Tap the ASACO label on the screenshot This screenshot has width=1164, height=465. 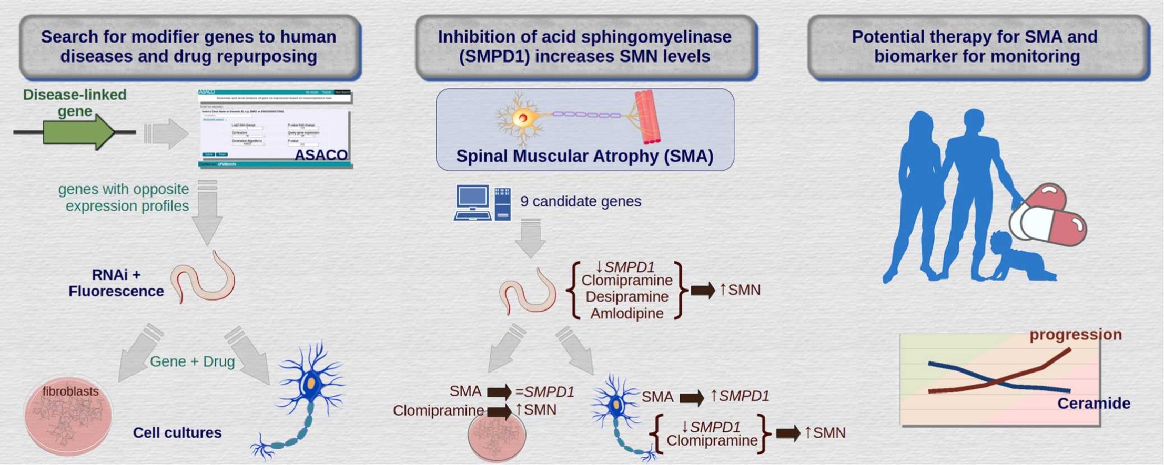click(x=321, y=155)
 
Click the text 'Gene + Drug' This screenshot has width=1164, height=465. click(x=192, y=361)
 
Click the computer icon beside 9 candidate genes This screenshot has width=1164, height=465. click(x=481, y=202)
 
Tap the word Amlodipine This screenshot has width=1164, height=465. click(x=627, y=314)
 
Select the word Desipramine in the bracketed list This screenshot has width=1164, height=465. click(x=627, y=297)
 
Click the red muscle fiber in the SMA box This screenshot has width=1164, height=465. click(x=647, y=117)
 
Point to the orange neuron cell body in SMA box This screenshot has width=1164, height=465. click(x=522, y=118)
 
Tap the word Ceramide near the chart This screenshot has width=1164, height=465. click(x=1094, y=404)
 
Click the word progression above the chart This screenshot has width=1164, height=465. click(x=1075, y=335)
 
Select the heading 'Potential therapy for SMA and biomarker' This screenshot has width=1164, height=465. click(x=977, y=47)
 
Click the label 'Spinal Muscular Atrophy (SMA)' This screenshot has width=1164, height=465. click(x=584, y=156)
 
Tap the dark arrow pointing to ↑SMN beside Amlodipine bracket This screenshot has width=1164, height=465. click(x=703, y=290)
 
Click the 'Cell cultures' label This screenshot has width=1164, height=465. click(x=177, y=433)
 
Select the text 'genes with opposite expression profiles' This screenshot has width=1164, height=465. click(x=124, y=198)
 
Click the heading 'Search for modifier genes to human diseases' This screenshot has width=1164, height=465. click(x=189, y=47)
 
